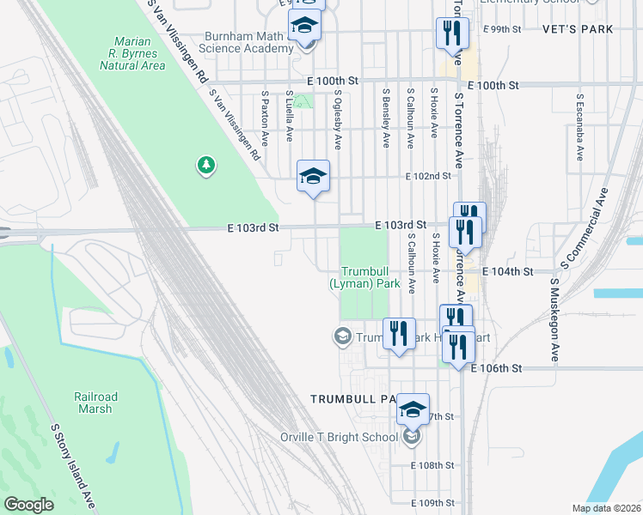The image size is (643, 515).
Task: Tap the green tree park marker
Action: click(205, 164)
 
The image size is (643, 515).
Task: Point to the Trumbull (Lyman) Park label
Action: click(365, 276)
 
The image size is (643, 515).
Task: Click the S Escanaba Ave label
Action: click(580, 128)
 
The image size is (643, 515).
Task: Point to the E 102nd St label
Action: click(429, 176)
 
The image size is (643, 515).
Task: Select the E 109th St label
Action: click(431, 503)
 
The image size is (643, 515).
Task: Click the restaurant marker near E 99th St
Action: click(451, 34)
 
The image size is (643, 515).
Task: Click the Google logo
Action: click(29, 505)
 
